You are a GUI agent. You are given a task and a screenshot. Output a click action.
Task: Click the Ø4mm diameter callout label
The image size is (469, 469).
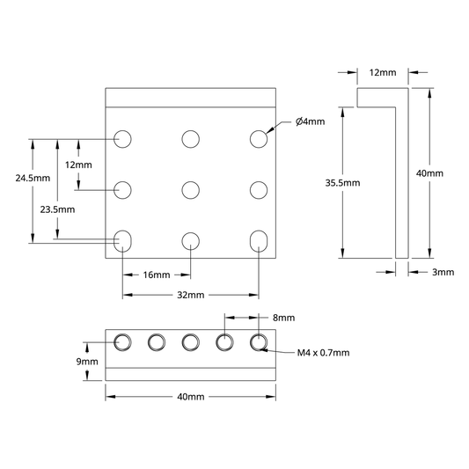[x=311, y=121]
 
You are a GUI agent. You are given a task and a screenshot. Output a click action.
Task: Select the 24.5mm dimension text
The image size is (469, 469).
[x=33, y=179]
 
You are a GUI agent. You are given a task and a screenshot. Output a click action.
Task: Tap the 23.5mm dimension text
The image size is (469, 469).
[x=57, y=209]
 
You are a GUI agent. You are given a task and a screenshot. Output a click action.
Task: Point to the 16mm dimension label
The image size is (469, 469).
[x=157, y=275]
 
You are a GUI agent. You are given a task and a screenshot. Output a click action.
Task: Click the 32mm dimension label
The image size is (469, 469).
[x=191, y=295]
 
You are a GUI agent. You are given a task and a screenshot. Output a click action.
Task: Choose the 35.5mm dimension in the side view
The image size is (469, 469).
[x=343, y=183]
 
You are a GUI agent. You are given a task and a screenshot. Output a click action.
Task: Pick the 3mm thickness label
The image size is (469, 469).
[x=443, y=272]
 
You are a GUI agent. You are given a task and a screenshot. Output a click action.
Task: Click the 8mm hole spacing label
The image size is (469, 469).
[x=283, y=318]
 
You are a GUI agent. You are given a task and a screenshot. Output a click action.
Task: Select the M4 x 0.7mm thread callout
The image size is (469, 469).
[x=323, y=353]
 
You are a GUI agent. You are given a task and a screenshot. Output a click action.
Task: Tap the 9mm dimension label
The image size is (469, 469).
[x=87, y=362]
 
